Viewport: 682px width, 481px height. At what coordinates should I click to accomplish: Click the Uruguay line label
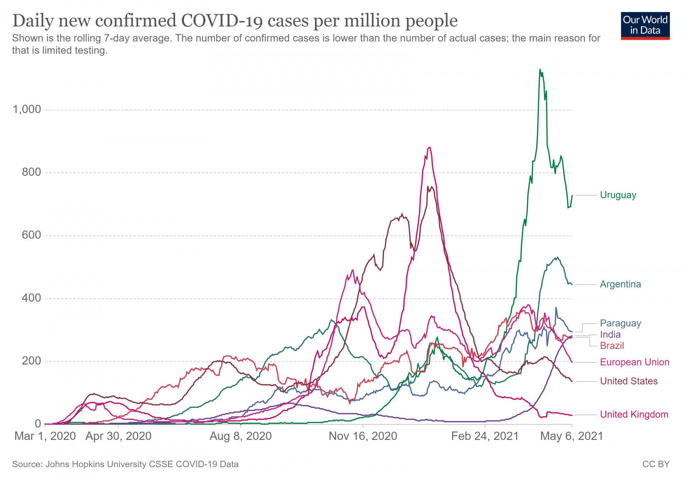618,195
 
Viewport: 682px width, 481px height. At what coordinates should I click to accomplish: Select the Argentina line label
620,284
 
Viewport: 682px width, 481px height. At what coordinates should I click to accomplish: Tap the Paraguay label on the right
620,323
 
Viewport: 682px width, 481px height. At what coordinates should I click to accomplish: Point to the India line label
610,334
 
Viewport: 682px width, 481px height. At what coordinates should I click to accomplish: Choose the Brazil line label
612,346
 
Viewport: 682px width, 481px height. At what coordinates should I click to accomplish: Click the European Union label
634,362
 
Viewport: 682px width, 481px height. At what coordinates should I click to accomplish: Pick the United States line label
629,381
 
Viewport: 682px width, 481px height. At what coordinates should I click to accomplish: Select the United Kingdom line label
634,415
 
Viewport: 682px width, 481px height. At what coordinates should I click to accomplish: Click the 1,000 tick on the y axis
27,109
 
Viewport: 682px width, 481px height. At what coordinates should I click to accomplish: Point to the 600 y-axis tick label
31,235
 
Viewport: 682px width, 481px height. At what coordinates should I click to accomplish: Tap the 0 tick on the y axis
38,424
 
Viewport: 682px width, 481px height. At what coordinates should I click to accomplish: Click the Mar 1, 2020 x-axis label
45,436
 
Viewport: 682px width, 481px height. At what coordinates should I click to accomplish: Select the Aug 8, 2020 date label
240,436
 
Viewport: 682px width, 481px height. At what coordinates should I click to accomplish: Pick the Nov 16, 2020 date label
363,436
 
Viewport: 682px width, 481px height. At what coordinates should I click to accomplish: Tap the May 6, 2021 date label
572,436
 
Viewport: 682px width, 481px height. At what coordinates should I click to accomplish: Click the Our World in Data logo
645,26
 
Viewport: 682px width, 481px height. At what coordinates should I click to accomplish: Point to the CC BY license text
656,464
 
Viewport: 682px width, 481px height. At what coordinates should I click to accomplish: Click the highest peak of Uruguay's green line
540,70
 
